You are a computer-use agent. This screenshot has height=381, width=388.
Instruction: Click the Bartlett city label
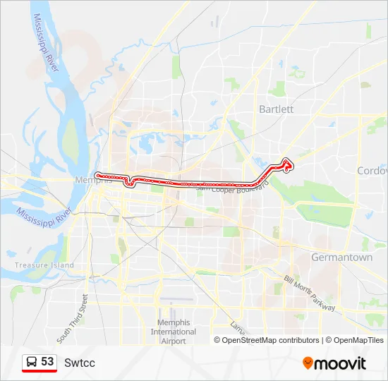coord(276,109)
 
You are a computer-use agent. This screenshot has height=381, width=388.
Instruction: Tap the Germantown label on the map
coord(342,258)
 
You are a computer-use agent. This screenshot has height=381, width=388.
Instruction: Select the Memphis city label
coord(93,181)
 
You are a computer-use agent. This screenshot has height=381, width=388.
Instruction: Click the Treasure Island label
coord(44,265)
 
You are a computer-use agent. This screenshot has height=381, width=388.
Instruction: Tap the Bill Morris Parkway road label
coord(310,294)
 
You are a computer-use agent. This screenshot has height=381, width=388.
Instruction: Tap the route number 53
coord(47,362)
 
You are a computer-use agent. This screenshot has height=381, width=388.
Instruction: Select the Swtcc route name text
coord(80,363)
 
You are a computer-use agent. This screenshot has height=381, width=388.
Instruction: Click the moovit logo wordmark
coord(341,363)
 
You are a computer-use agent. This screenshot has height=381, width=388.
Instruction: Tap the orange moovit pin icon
coord(308,363)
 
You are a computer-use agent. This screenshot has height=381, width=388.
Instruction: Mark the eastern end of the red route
coord(289,164)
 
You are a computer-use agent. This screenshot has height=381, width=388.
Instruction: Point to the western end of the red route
coord(97,174)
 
